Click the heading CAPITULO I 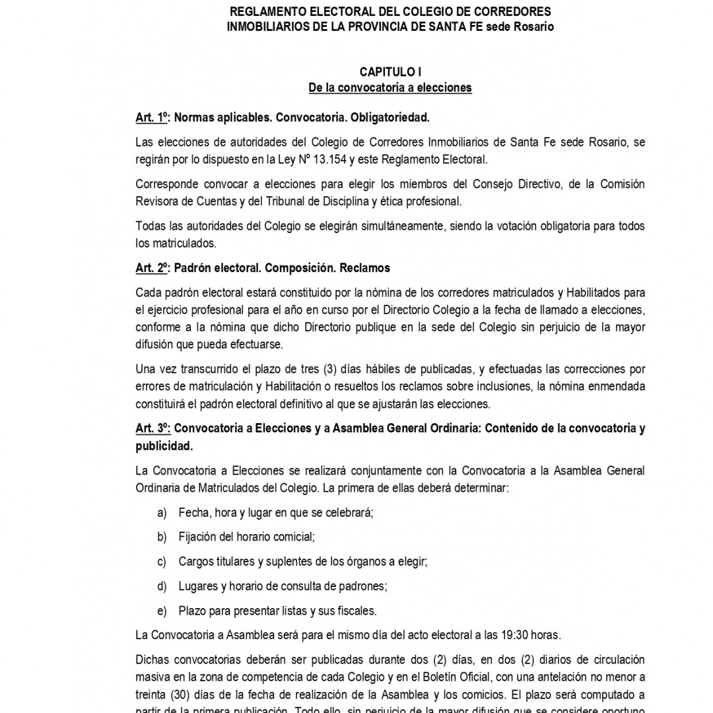pos(390,72)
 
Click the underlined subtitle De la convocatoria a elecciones pos(390,88)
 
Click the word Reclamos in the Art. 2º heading pos(366,268)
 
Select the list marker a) pos(162,513)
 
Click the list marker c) pos(162,562)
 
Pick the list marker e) pos(162,611)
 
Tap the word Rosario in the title pos(529,26)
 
